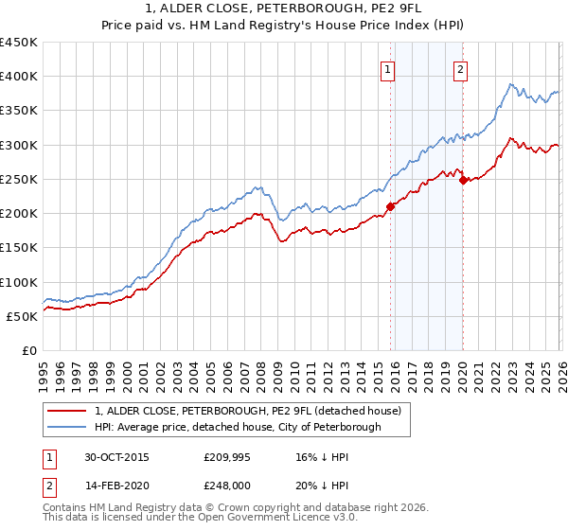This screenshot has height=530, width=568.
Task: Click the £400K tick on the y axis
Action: click(x=18, y=77)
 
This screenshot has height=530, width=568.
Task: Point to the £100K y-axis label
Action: click(x=18, y=282)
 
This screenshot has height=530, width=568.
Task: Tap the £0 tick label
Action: click(x=28, y=351)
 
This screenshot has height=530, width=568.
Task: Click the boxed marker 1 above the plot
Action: click(x=388, y=68)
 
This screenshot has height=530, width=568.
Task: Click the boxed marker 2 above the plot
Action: click(x=460, y=68)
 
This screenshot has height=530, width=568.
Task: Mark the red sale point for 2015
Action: click(x=390, y=206)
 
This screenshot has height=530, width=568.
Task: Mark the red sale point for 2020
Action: click(x=463, y=181)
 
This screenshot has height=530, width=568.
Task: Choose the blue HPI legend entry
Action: click(x=237, y=427)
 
